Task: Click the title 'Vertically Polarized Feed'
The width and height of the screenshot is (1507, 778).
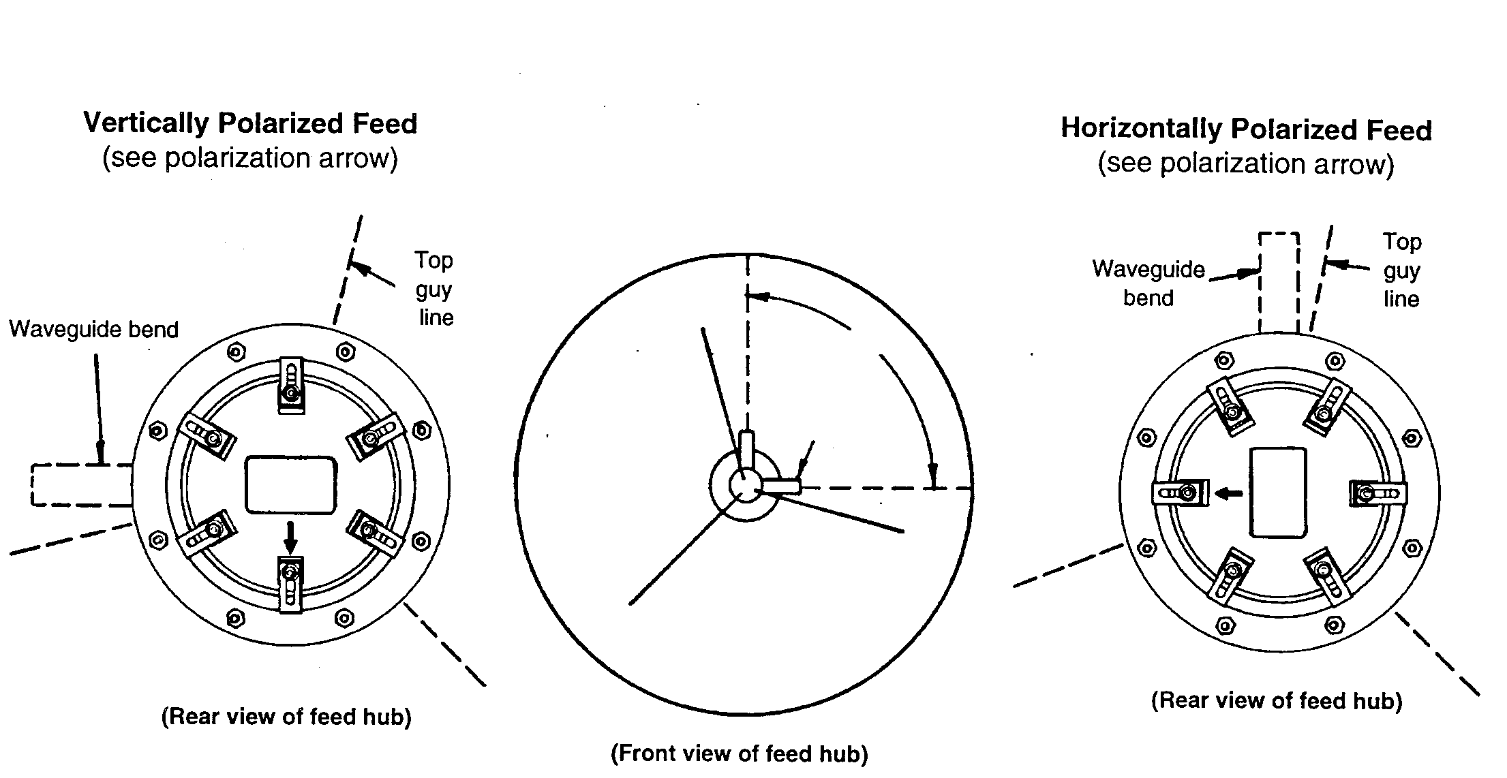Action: (x=250, y=123)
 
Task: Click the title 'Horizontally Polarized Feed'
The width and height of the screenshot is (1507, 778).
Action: (x=1247, y=129)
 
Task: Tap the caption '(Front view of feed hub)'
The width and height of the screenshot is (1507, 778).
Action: (x=740, y=753)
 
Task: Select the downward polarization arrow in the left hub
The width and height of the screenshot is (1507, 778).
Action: (x=291, y=537)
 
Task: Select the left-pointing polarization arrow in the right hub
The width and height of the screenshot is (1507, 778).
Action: (x=1230, y=493)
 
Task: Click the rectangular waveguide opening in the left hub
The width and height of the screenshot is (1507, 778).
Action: (x=291, y=484)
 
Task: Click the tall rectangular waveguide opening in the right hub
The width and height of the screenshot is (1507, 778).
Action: (x=1278, y=493)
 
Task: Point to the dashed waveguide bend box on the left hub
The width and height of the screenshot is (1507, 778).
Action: (x=81, y=485)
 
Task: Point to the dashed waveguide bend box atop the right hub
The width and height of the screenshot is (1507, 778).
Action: (x=1279, y=283)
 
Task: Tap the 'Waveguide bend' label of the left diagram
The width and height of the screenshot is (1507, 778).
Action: (x=94, y=330)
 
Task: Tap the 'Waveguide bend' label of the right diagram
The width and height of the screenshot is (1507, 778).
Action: (x=1148, y=283)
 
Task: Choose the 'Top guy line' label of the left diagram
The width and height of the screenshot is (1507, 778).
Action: (x=435, y=289)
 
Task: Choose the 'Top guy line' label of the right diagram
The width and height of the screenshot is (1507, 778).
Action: (x=1402, y=270)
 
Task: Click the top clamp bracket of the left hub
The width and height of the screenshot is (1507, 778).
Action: (x=291, y=385)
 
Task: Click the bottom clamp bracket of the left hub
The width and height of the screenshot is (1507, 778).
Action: (x=291, y=584)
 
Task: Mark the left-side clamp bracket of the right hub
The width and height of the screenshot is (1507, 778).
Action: (x=1181, y=493)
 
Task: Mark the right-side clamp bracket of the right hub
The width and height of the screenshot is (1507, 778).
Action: (x=1378, y=493)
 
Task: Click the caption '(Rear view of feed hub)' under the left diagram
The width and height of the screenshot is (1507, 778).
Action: (x=286, y=717)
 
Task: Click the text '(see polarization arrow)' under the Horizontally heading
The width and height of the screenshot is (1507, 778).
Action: (x=1246, y=164)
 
